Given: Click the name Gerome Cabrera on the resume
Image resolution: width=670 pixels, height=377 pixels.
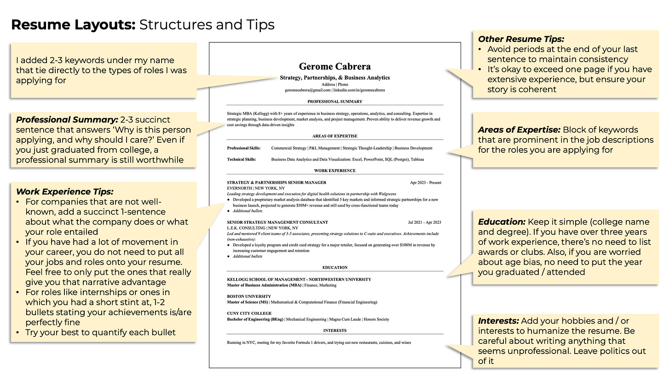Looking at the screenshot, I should click(335, 66).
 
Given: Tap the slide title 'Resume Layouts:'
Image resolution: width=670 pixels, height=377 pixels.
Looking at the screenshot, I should click(73, 24).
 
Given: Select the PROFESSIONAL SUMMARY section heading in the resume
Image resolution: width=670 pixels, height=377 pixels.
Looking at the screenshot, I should click(335, 101).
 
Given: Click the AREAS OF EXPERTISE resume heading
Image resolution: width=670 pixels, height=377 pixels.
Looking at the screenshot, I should click(335, 136).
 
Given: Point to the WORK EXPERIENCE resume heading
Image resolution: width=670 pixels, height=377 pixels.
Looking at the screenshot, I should click(335, 170).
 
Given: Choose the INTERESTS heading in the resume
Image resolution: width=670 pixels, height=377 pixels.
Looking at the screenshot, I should click(335, 330).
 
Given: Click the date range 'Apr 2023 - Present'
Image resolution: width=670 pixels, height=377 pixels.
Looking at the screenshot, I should click(425, 182).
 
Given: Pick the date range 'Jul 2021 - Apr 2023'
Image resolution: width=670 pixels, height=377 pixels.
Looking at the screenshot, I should click(424, 222).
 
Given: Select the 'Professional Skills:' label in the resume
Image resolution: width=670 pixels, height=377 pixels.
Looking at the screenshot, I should click(243, 148).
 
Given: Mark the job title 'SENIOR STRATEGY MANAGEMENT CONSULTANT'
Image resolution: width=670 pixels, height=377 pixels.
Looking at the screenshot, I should click(277, 222).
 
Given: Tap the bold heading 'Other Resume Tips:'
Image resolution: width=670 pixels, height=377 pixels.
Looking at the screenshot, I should click(521, 39).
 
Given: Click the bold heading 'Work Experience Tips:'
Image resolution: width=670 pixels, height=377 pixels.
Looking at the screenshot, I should click(64, 191).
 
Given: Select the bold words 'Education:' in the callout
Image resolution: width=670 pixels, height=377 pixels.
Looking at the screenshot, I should click(501, 222).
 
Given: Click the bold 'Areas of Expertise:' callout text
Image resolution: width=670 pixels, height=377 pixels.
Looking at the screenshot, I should click(519, 130).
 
